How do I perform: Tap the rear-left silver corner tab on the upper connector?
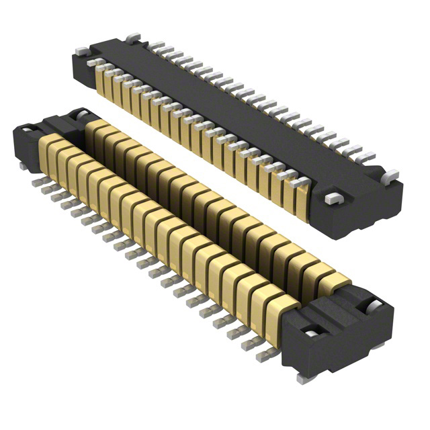(x=132, y=35)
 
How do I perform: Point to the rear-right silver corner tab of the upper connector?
(x=391, y=176)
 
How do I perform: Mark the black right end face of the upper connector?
(x=376, y=208)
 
